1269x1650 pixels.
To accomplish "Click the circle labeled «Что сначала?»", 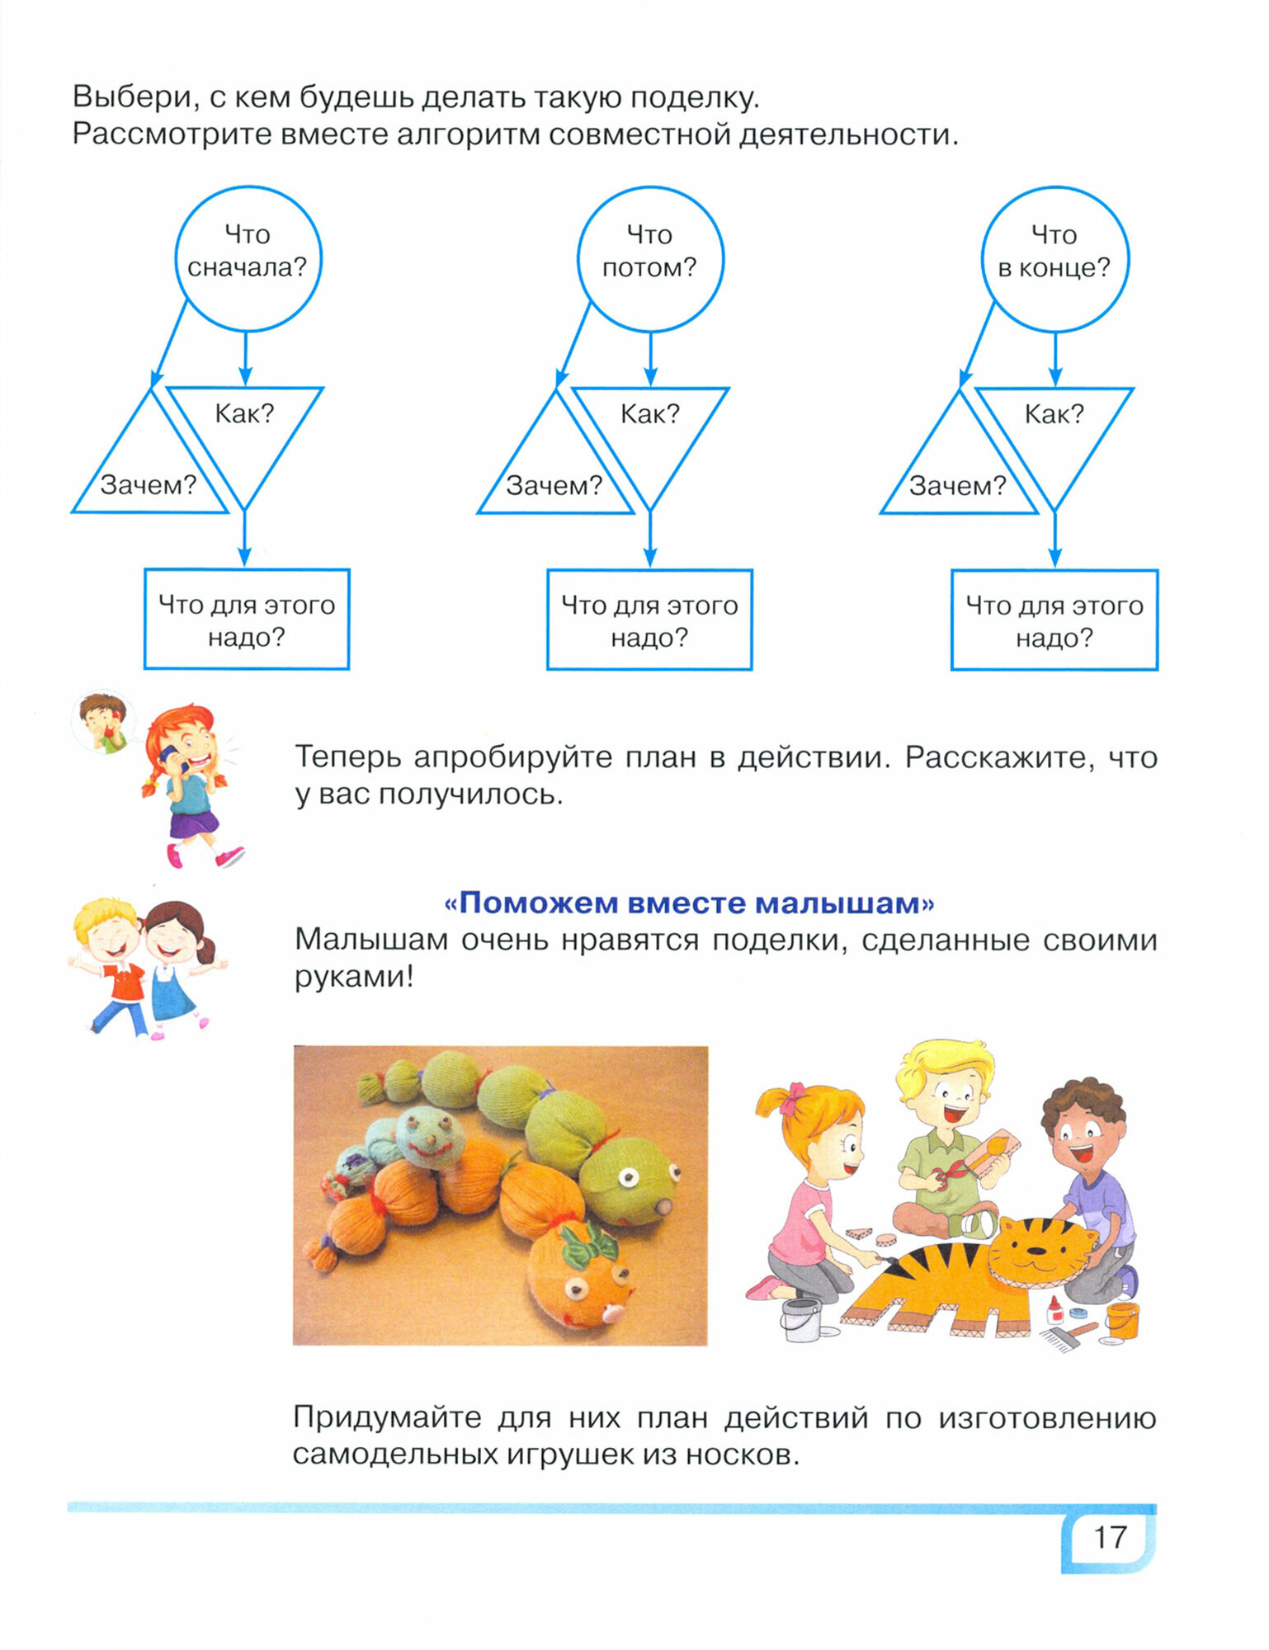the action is tap(248, 258).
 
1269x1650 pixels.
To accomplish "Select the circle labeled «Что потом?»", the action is tap(650, 258).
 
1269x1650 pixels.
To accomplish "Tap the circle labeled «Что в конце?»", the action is tap(1054, 258).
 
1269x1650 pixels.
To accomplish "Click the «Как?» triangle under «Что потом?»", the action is tap(650, 429).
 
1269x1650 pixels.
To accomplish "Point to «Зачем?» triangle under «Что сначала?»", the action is tap(149, 474).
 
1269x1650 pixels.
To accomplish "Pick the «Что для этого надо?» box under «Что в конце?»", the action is tap(1054, 620).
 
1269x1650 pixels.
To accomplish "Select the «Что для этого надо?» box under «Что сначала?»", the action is tap(247, 620).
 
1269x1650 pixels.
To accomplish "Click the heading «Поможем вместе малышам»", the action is tap(689, 903).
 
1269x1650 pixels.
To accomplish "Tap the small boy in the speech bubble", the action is tap(104, 722).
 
